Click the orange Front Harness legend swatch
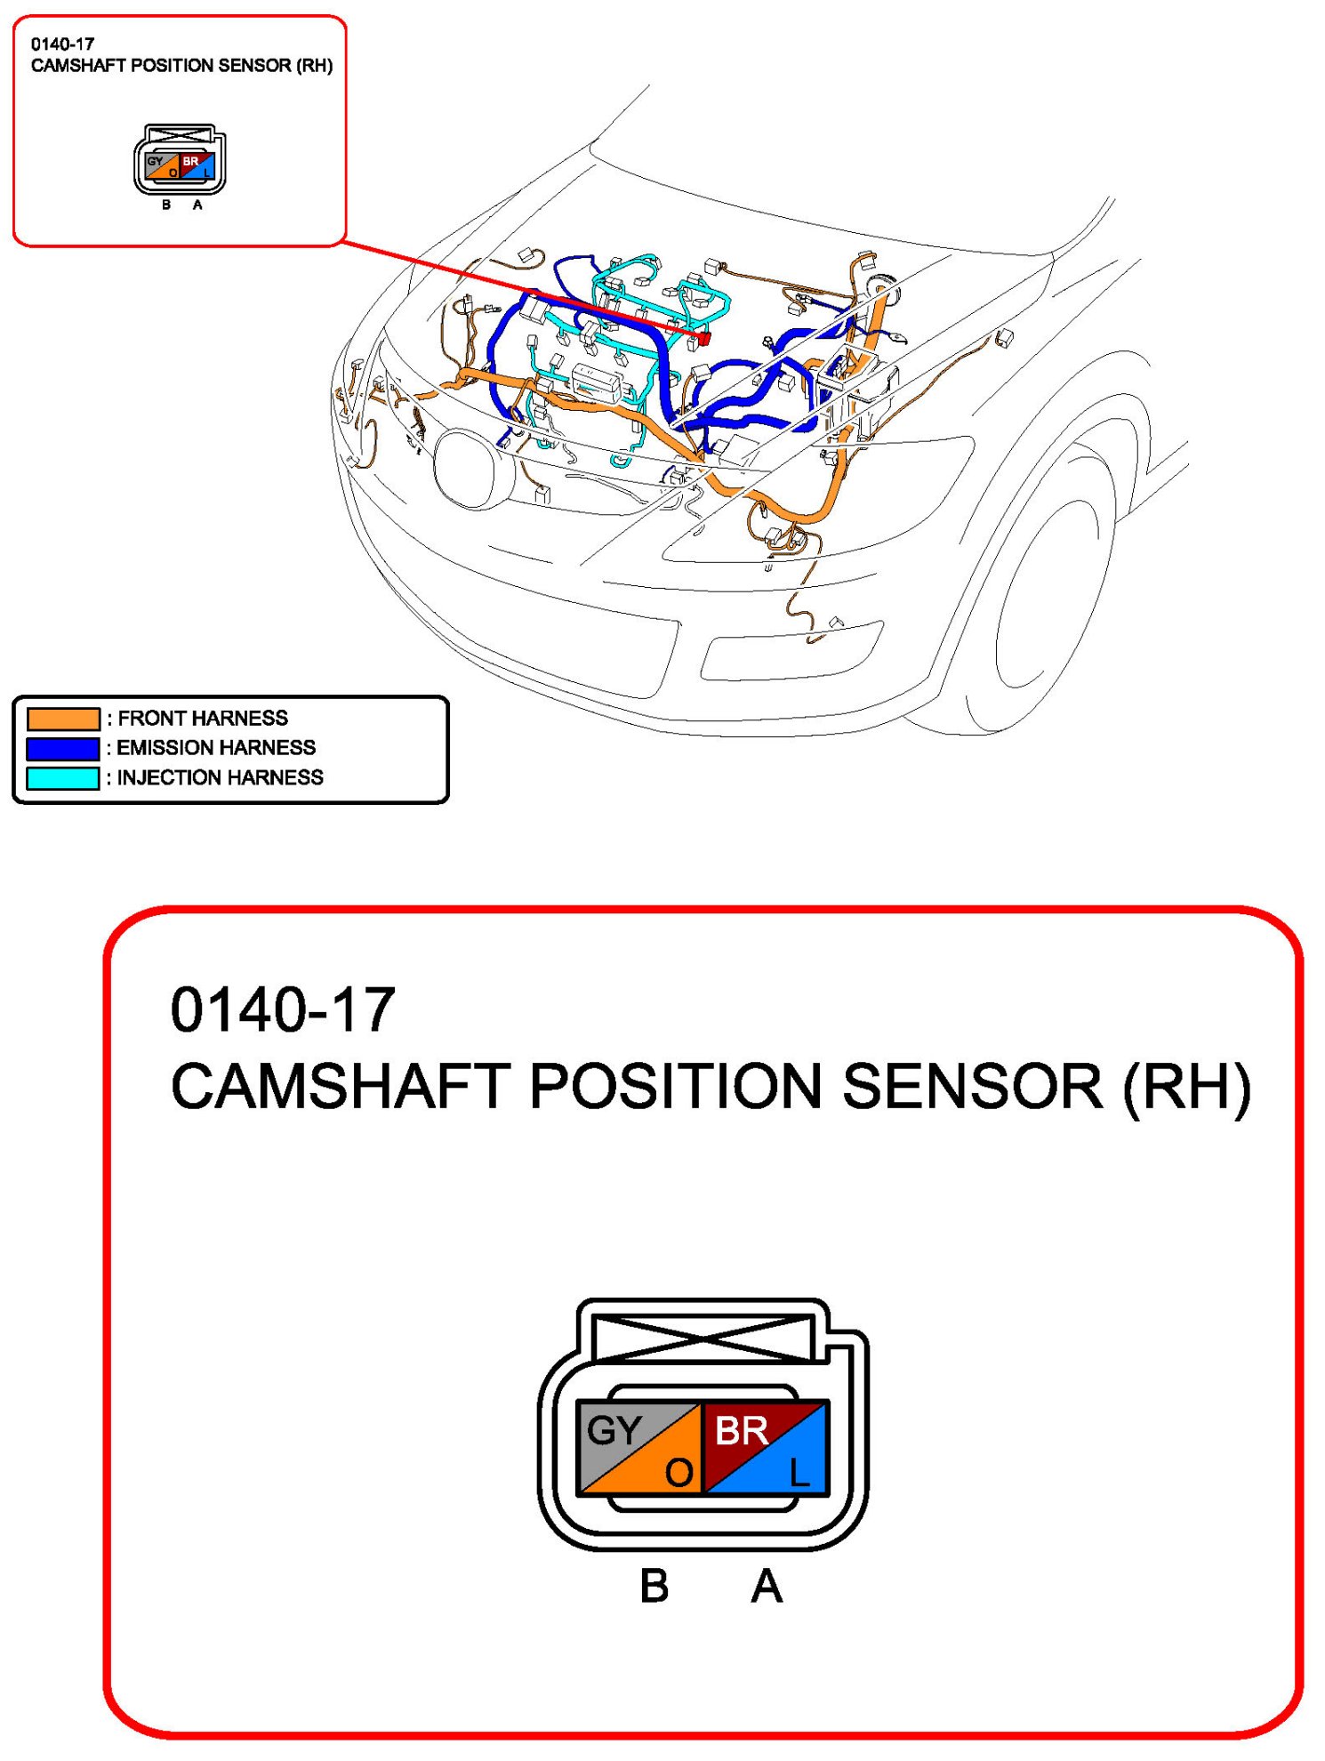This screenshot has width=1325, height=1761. pos(63,718)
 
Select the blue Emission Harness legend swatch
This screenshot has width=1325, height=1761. pos(63,748)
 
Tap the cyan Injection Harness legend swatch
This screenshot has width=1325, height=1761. pos(63,778)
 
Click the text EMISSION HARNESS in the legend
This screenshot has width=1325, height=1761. pos(216,748)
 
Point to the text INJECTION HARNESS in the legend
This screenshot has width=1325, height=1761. pos(221,778)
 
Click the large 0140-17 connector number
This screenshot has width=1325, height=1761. pos(283,1010)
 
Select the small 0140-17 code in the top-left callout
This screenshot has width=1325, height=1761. pos(62,44)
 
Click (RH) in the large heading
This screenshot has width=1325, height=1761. pos(1186,1087)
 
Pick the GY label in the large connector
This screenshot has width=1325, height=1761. pos(614,1430)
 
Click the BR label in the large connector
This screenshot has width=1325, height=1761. pos(741,1430)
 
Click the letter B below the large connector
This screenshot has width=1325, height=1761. pos(654,1587)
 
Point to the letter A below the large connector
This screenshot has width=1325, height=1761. pos(767,1587)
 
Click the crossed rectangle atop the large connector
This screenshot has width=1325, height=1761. pos(703,1338)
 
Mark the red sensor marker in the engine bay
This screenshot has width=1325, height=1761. pos(703,338)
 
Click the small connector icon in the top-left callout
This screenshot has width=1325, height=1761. pos(180,160)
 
